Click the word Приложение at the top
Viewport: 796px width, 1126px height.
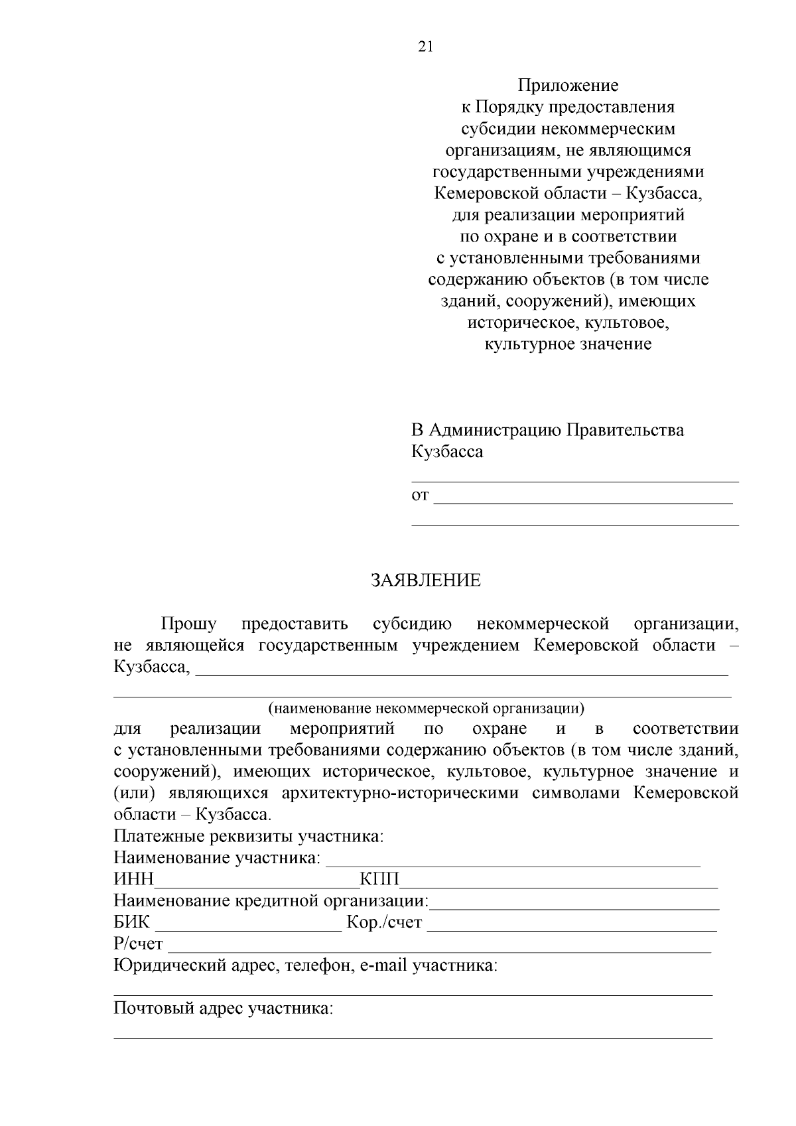(568, 86)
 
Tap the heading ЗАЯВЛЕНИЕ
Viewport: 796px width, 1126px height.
(425, 581)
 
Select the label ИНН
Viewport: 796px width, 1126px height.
(133, 880)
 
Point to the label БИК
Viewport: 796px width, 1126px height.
(132, 923)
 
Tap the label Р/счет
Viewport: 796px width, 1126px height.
(138, 944)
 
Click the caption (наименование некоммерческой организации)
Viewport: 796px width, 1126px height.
(426, 708)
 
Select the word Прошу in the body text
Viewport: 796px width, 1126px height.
(188, 624)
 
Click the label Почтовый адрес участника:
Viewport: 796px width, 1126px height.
(224, 1009)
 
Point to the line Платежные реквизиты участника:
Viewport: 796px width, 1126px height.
(249, 837)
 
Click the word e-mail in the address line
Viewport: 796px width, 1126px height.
(383, 965)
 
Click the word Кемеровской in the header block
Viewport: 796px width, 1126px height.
(481, 194)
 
